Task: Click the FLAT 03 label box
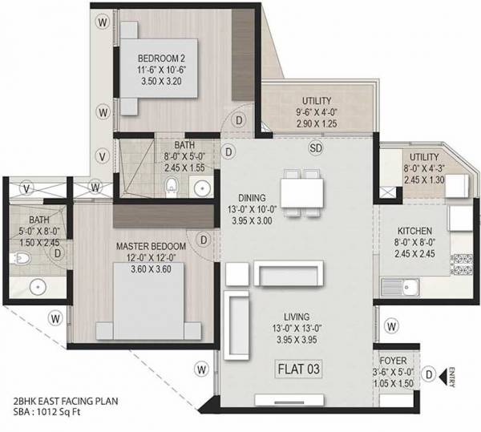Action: [300, 369]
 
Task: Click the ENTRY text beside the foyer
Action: [454, 373]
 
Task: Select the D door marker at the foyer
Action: [430, 373]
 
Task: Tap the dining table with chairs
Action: [302, 192]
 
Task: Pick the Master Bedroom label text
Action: [151, 245]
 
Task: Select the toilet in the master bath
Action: [24, 258]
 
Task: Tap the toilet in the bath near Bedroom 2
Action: [170, 188]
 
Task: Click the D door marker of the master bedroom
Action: [204, 240]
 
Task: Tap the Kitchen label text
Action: [414, 228]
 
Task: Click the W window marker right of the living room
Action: [391, 325]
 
